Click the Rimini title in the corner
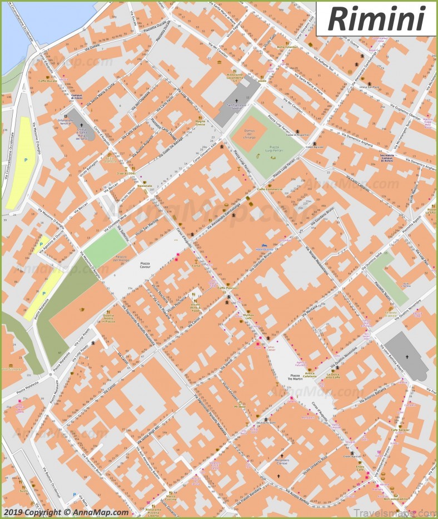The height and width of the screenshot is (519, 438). point(376,18)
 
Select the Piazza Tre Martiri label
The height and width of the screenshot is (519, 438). point(294,377)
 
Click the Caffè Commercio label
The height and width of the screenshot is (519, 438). point(270,189)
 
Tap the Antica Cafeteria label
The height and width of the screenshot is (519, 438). point(310,374)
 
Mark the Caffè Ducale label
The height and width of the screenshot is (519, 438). point(48,81)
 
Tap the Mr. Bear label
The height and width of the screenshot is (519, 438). point(240,407)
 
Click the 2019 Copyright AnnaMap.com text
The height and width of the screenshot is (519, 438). point(66,512)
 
